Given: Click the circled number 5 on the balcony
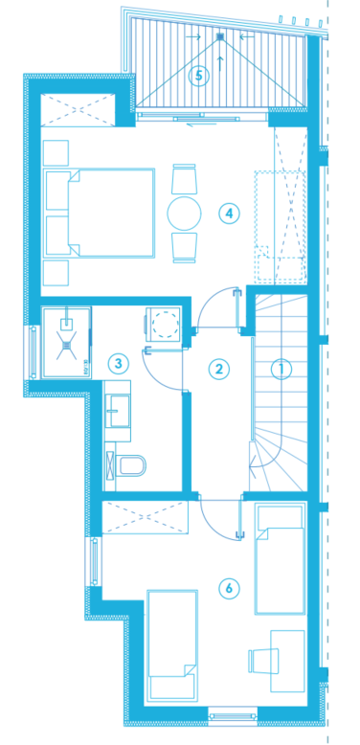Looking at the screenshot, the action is [198, 76].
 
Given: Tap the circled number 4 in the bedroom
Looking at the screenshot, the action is [229, 214].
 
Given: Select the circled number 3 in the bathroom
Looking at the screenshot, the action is [119, 364].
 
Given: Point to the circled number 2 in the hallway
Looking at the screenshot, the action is [219, 369].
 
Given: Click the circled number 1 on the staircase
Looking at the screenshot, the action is [281, 369].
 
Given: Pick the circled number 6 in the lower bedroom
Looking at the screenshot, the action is [229, 589].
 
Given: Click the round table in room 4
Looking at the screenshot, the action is [184, 214].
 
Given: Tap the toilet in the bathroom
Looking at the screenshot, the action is [129, 465].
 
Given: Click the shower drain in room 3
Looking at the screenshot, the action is [67, 344].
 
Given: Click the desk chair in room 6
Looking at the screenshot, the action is [260, 661].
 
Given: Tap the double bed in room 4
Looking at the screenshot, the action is [100, 213].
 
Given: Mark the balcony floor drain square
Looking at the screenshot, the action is [219, 36].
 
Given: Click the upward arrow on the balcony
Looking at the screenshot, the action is [219, 63].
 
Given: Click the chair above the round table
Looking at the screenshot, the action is [184, 179].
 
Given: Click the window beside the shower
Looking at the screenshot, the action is [34, 352].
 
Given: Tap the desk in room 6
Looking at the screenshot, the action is [287, 661].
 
